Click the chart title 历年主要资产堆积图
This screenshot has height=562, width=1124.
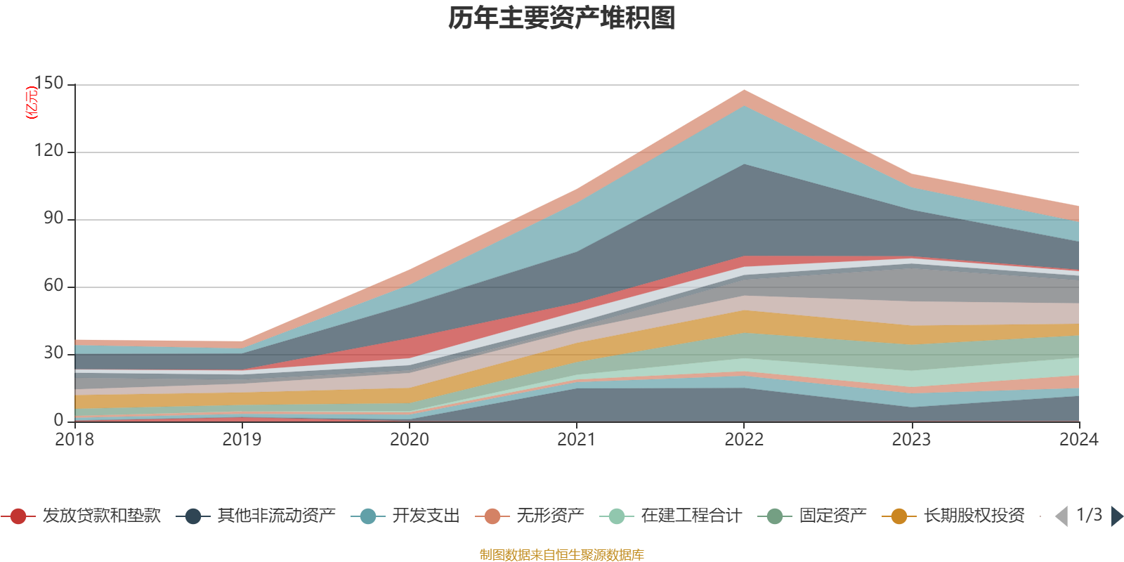[x=562, y=18]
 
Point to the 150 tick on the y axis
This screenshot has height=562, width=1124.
[x=48, y=84]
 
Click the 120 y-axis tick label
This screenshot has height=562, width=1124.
[x=48, y=151]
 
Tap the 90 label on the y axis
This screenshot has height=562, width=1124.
[x=53, y=218]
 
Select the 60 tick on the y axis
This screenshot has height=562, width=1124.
[x=53, y=286]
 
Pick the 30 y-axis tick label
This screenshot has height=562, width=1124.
[x=53, y=353]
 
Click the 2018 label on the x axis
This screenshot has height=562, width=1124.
[x=74, y=440]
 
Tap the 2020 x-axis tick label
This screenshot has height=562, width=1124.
[x=410, y=440]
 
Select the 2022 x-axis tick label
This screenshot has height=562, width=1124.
[x=744, y=440]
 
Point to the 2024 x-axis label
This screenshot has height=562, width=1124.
[x=1078, y=440]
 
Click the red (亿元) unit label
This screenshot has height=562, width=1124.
[x=32, y=103]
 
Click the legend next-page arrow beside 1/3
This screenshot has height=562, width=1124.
[x=1116, y=516]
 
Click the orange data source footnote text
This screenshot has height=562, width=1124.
[x=562, y=555]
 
